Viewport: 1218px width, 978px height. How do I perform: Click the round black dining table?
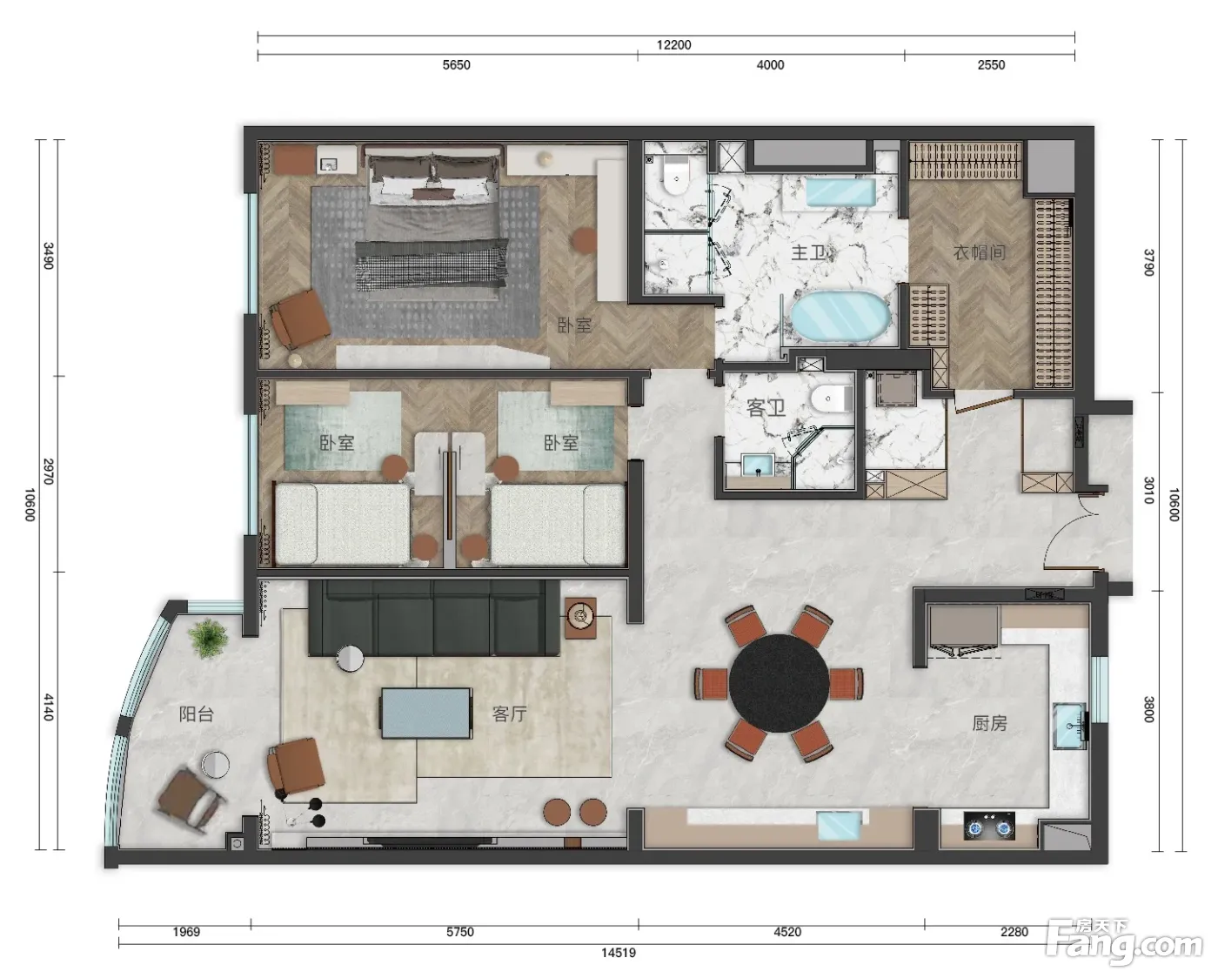779,682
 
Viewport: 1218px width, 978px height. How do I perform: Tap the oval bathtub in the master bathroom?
840,318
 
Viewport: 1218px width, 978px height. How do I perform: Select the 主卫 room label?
808,252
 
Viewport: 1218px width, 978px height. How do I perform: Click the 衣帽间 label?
980,252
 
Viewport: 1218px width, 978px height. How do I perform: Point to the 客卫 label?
766,407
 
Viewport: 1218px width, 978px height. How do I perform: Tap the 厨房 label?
989,723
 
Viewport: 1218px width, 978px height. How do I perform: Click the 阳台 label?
197,714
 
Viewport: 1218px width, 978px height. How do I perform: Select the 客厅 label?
510,714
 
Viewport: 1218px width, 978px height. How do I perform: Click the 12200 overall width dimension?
673,44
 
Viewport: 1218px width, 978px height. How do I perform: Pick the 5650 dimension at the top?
456,65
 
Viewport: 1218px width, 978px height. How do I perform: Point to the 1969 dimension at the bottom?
186,932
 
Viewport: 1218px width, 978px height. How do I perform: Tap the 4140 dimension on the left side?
49,707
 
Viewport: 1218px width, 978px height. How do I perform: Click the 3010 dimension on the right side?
1149,490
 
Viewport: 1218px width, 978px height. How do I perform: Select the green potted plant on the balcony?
209,639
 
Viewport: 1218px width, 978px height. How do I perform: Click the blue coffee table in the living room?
426,713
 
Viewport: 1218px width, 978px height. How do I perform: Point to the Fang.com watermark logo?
1125,943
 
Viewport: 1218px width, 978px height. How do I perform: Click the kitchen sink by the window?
1070,727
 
